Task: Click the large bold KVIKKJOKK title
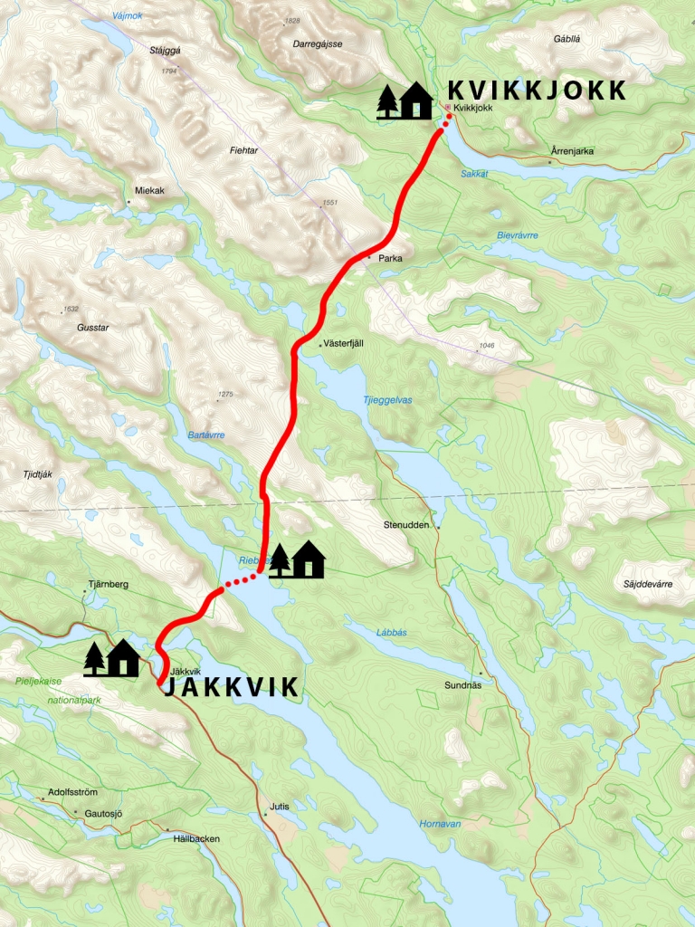(537, 90)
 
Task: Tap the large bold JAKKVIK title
(229, 688)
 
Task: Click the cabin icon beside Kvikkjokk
(405, 100)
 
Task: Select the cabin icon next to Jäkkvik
(111, 658)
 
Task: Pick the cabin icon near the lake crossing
(297, 559)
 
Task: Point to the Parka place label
(390, 258)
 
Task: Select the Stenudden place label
(404, 523)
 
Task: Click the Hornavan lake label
(440, 823)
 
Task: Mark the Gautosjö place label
(102, 813)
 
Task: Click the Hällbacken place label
(195, 838)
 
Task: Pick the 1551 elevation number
(329, 203)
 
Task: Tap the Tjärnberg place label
(109, 584)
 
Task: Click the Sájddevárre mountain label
(648, 585)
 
